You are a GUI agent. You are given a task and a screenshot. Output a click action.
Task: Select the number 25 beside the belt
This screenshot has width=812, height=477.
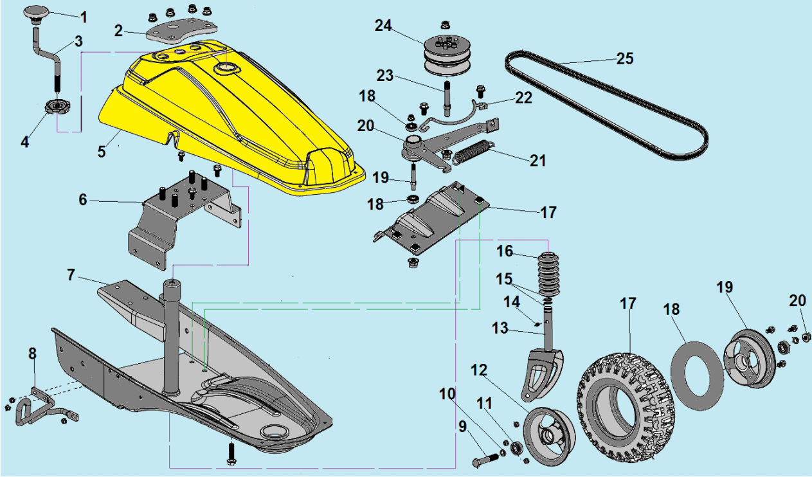point(624,59)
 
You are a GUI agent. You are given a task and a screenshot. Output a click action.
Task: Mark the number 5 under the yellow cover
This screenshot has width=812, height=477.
point(102,152)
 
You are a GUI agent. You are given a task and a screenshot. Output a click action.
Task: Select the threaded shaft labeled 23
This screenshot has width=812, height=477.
point(445,95)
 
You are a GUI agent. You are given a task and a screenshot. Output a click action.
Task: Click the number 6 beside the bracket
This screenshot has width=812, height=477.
point(83,200)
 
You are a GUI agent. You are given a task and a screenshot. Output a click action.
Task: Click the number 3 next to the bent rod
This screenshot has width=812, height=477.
point(78,41)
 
